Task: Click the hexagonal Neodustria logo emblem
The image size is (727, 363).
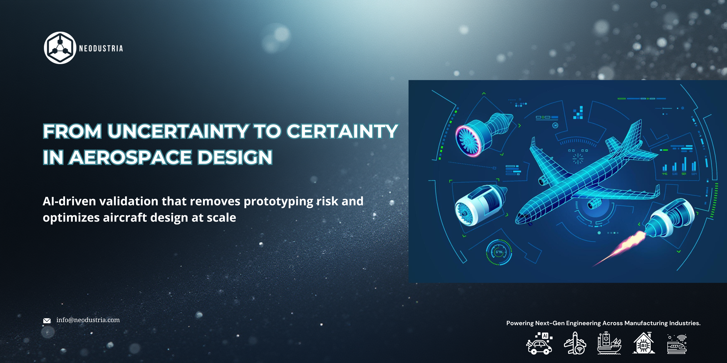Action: click(60, 48)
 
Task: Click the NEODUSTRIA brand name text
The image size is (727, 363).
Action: click(101, 48)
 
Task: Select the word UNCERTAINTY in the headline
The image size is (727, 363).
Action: click(178, 131)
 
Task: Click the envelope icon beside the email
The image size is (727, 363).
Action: click(47, 320)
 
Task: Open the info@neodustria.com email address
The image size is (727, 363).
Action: click(88, 320)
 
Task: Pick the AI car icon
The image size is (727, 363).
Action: click(539, 343)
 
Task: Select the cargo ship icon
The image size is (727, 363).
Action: click(609, 343)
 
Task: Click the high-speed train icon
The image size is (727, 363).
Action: click(677, 344)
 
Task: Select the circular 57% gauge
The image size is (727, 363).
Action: click(499, 252)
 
